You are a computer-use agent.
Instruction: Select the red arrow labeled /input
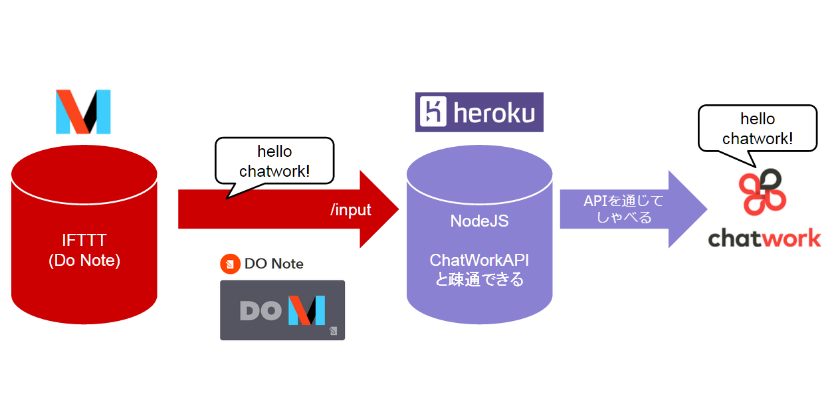279,209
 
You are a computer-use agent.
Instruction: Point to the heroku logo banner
479,112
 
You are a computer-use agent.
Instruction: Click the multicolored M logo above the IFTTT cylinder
83,112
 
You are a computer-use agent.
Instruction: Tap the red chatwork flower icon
764,192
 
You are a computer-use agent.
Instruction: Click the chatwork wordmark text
764,238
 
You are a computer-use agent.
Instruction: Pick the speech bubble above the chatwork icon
757,129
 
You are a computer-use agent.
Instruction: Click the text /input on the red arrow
350,210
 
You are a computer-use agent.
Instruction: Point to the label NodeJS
479,221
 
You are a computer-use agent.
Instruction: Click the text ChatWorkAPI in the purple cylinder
479,259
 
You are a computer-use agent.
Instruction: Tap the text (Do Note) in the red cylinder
84,260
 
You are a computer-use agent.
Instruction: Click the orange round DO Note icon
230,264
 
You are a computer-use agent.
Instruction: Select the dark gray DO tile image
282,310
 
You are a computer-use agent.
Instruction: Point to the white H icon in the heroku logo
435,112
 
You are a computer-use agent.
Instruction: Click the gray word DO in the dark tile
261,310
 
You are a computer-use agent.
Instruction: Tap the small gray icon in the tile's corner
333,330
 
